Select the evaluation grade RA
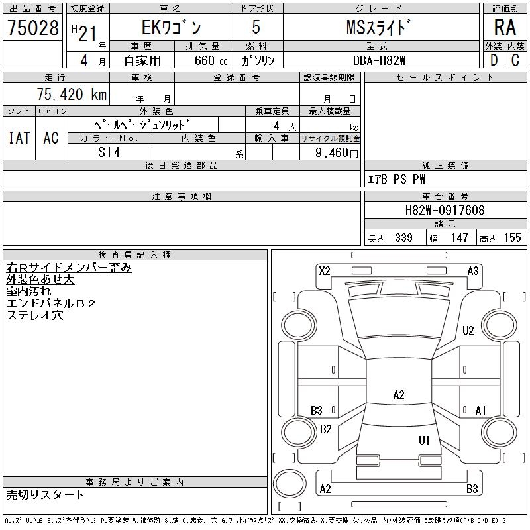pyautogui.click(x=504, y=28)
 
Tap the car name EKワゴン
pyautogui.click(x=171, y=28)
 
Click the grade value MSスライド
pyautogui.click(x=380, y=28)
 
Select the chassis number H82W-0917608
pyautogui.click(x=445, y=211)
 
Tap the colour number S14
pyautogui.click(x=109, y=152)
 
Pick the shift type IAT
pyautogui.click(x=19, y=138)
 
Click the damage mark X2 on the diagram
pyautogui.click(x=325, y=270)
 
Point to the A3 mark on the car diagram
pyautogui.click(x=473, y=270)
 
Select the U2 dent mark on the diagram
pyautogui.click(x=468, y=331)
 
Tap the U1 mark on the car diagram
pyautogui.click(x=424, y=440)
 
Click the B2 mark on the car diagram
pyautogui.click(x=325, y=429)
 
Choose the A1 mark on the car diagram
pyautogui.click(x=481, y=411)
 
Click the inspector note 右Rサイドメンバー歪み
pyautogui.click(x=69, y=268)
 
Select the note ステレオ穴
pyautogui.click(x=35, y=315)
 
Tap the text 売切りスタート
pyautogui.click(x=46, y=494)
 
